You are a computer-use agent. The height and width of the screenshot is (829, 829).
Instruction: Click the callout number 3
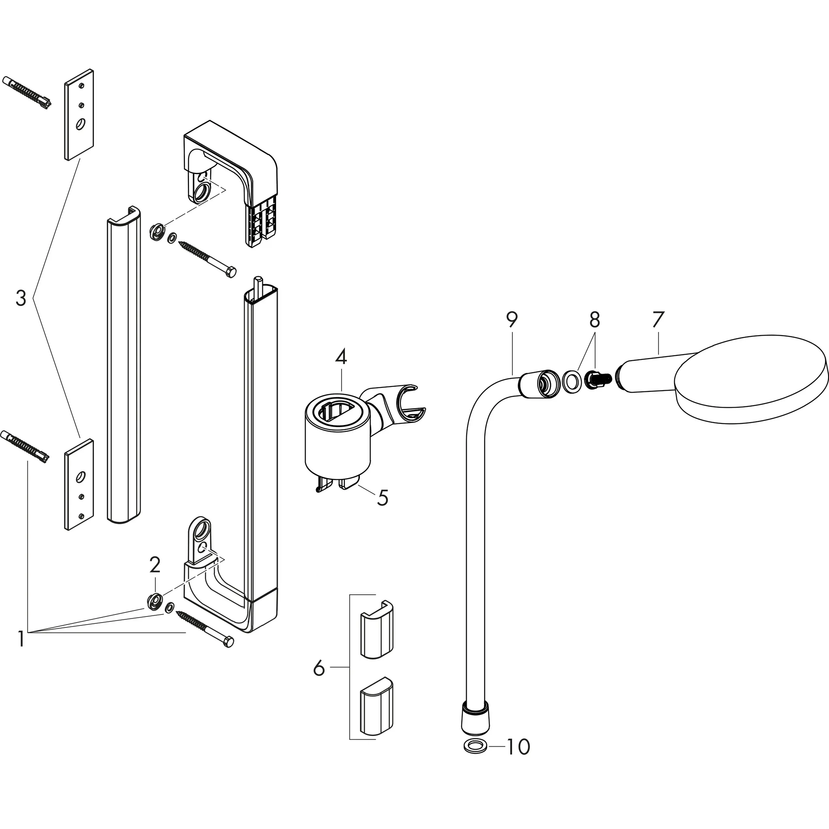21,298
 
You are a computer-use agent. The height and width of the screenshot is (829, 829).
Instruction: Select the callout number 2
155,565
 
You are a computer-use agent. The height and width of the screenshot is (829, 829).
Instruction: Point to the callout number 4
341,357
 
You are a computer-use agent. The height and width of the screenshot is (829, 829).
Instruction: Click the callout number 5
383,498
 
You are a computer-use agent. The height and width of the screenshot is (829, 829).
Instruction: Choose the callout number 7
658,319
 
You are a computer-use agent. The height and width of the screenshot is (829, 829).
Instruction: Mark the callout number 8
594,320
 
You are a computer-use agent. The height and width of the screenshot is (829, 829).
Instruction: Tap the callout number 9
512,320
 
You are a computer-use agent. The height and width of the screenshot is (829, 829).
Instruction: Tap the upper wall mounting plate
79,115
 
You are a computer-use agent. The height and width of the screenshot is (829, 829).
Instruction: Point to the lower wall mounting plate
79,484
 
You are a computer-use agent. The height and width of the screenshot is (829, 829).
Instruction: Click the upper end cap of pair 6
376,629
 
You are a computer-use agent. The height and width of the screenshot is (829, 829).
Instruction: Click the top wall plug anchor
27,93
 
